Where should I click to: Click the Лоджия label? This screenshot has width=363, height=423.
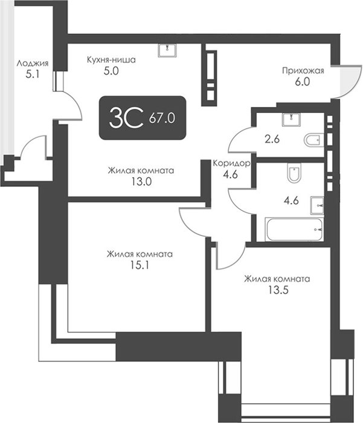coord(33,63)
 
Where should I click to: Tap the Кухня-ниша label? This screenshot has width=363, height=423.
coord(111,59)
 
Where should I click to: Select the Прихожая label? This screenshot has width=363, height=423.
coord(303,71)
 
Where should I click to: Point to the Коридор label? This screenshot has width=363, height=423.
coord(231,163)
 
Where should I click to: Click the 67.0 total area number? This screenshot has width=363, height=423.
coord(162,118)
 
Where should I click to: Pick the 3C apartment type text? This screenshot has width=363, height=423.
coord(126,118)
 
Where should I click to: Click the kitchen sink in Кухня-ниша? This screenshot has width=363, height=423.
coord(167,50)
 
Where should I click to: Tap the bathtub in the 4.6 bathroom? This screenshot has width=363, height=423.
coord(295,230)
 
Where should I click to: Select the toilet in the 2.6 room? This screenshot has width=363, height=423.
coord(313,140)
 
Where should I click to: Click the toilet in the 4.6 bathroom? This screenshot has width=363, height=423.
coord(294,173)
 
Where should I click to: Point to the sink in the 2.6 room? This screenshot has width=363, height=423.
coord(291,120)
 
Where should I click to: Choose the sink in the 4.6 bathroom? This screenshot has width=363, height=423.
coord(317,205)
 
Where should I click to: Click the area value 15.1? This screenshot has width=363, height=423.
coord(140,265)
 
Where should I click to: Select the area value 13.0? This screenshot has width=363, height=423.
coord(141,181)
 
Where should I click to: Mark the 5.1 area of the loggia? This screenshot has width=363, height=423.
coord(33,74)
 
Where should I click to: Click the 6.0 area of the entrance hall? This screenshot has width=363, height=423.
coord(303,82)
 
